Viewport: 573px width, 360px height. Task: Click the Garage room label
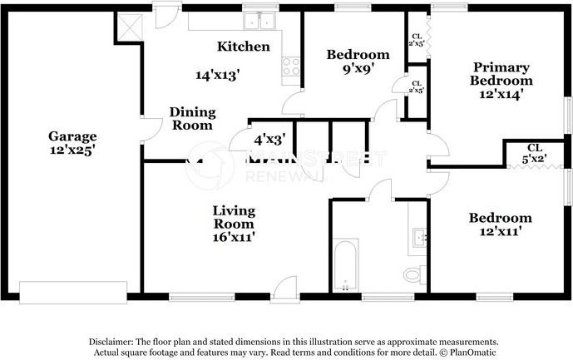coord(72,136)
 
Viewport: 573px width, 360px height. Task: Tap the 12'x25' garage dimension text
coord(72,150)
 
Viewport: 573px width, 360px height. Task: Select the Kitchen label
coord(243,47)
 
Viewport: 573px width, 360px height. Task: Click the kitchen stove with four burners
coord(290,66)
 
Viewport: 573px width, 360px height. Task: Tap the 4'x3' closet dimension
coord(269,140)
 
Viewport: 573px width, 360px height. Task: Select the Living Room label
coord(233,217)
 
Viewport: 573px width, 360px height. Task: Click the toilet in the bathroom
coord(413,274)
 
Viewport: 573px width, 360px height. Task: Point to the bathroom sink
coord(420,238)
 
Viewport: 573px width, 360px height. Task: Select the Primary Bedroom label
coord(501,74)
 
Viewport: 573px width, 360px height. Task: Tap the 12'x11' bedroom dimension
coord(500,233)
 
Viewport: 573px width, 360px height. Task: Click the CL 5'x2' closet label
coord(534,152)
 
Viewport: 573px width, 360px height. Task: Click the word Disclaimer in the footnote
coord(112,342)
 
